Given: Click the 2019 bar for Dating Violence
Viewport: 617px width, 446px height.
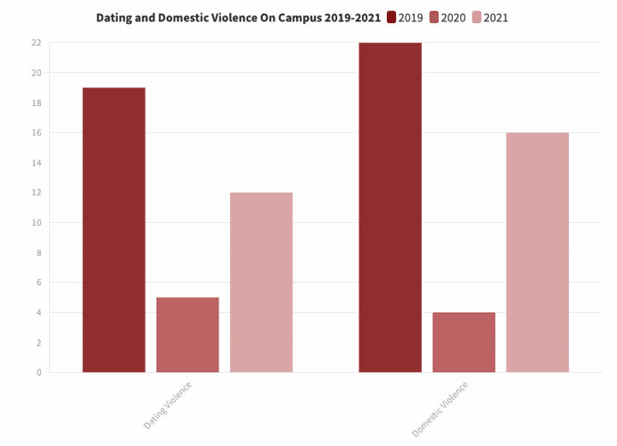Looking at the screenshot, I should (114, 230).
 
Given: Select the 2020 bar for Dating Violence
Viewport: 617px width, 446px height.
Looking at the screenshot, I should (187, 334).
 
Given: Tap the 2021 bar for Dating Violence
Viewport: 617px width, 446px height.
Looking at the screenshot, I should (261, 282).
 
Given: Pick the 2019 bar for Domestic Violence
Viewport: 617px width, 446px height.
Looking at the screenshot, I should (391, 207).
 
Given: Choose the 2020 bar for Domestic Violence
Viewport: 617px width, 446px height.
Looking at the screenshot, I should (464, 342).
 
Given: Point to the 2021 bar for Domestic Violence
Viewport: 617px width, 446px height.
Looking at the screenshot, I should (538, 252).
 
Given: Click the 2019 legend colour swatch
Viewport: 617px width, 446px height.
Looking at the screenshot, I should (391, 18).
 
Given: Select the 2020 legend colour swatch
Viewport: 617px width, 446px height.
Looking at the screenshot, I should (434, 18).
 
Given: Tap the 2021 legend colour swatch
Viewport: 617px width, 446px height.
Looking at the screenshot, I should (477, 18).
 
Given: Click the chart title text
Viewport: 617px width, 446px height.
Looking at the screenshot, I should (238, 18).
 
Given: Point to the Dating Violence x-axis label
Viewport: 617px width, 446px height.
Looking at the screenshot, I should (169, 403).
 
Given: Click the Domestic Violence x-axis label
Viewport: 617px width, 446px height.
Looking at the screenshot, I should (440, 408).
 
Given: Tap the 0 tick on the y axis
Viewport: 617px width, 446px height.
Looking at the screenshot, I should (38, 372).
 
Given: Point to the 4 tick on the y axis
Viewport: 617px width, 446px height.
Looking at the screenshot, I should (38, 312).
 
